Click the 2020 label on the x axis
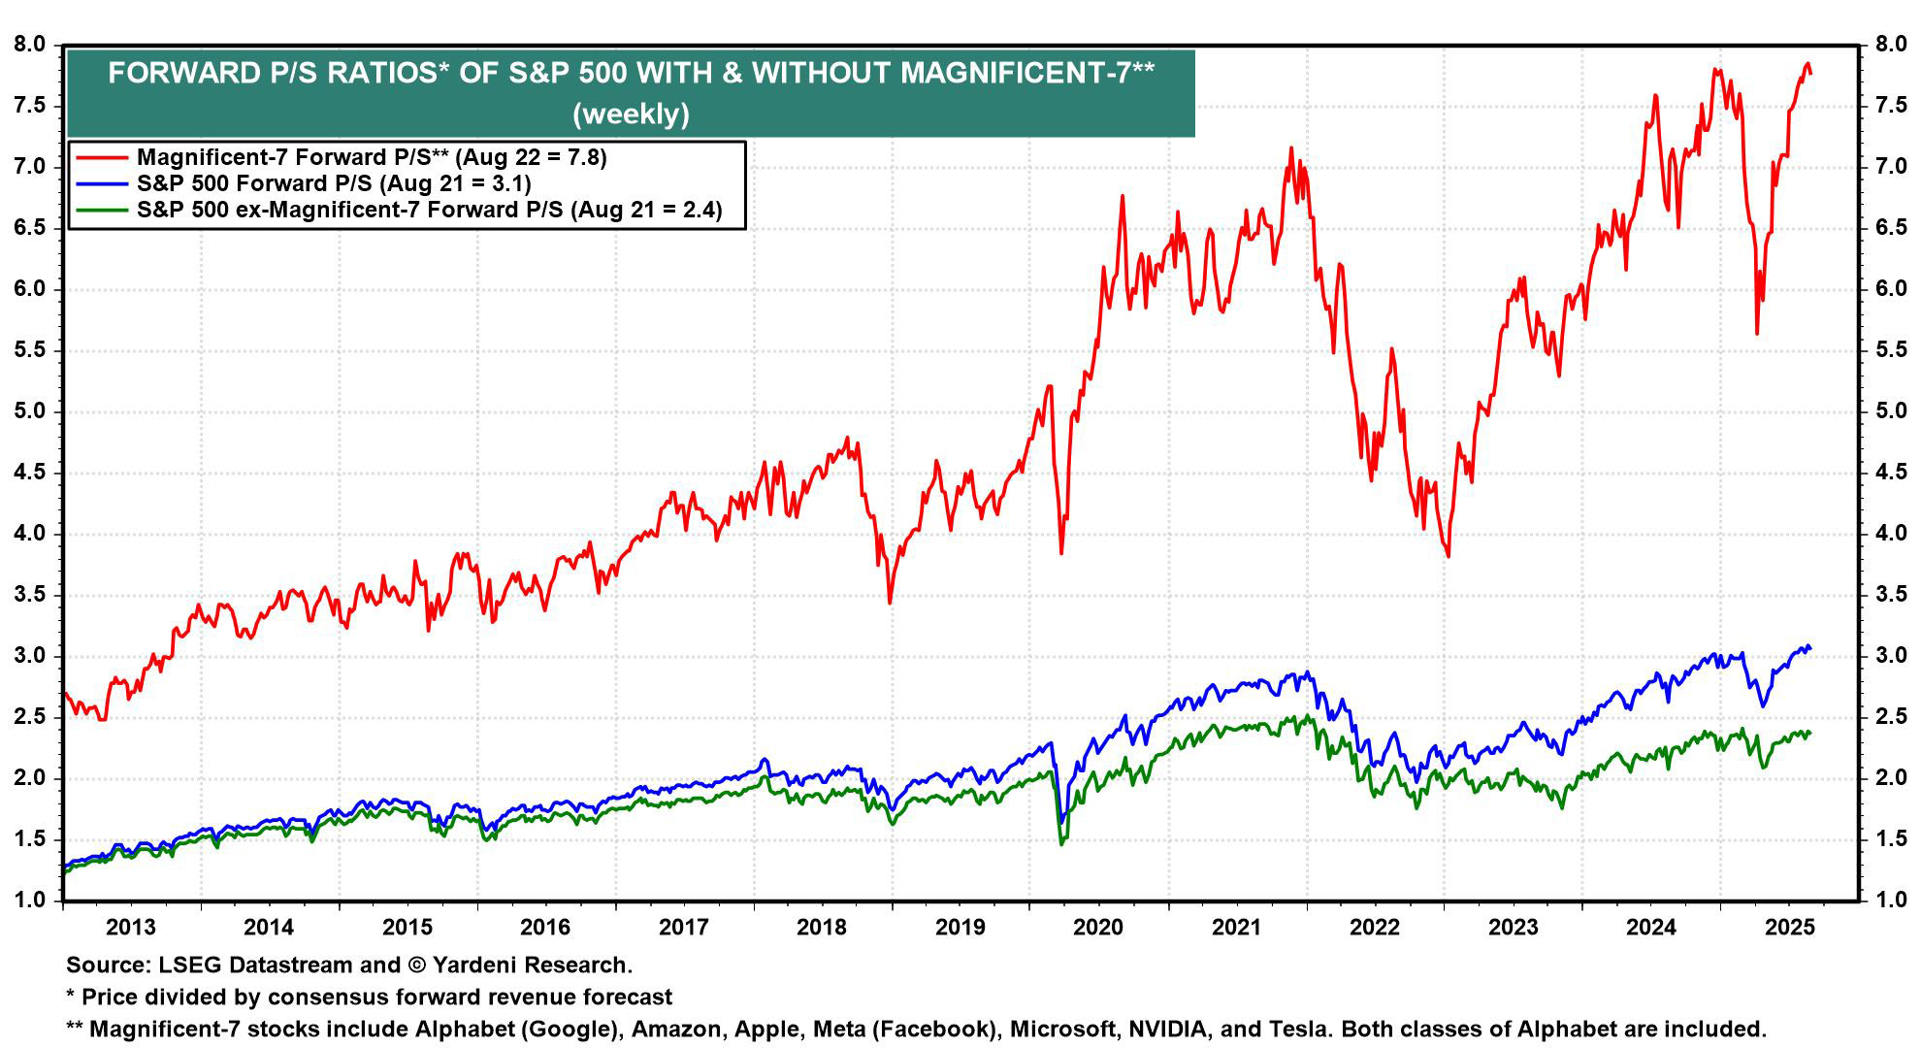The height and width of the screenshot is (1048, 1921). point(1098,927)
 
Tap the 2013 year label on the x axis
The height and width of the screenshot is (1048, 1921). point(130,927)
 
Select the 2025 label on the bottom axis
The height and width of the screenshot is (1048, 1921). point(1789,927)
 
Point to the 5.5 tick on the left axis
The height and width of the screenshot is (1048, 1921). point(30,350)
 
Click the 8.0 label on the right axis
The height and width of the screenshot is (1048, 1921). point(1891,45)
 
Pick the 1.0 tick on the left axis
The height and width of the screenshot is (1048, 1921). point(30,901)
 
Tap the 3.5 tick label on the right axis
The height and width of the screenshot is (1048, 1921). point(1891,595)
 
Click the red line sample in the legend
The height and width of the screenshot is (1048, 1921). point(101,157)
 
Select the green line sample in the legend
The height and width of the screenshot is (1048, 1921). point(101,210)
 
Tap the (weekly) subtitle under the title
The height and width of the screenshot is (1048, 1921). point(631,114)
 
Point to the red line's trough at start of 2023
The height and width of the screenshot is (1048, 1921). point(1449,556)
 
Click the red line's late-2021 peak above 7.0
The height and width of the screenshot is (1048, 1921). point(1290,148)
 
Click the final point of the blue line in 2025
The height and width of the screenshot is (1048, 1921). point(1809,649)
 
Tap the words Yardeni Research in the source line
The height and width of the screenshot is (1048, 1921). point(531,965)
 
